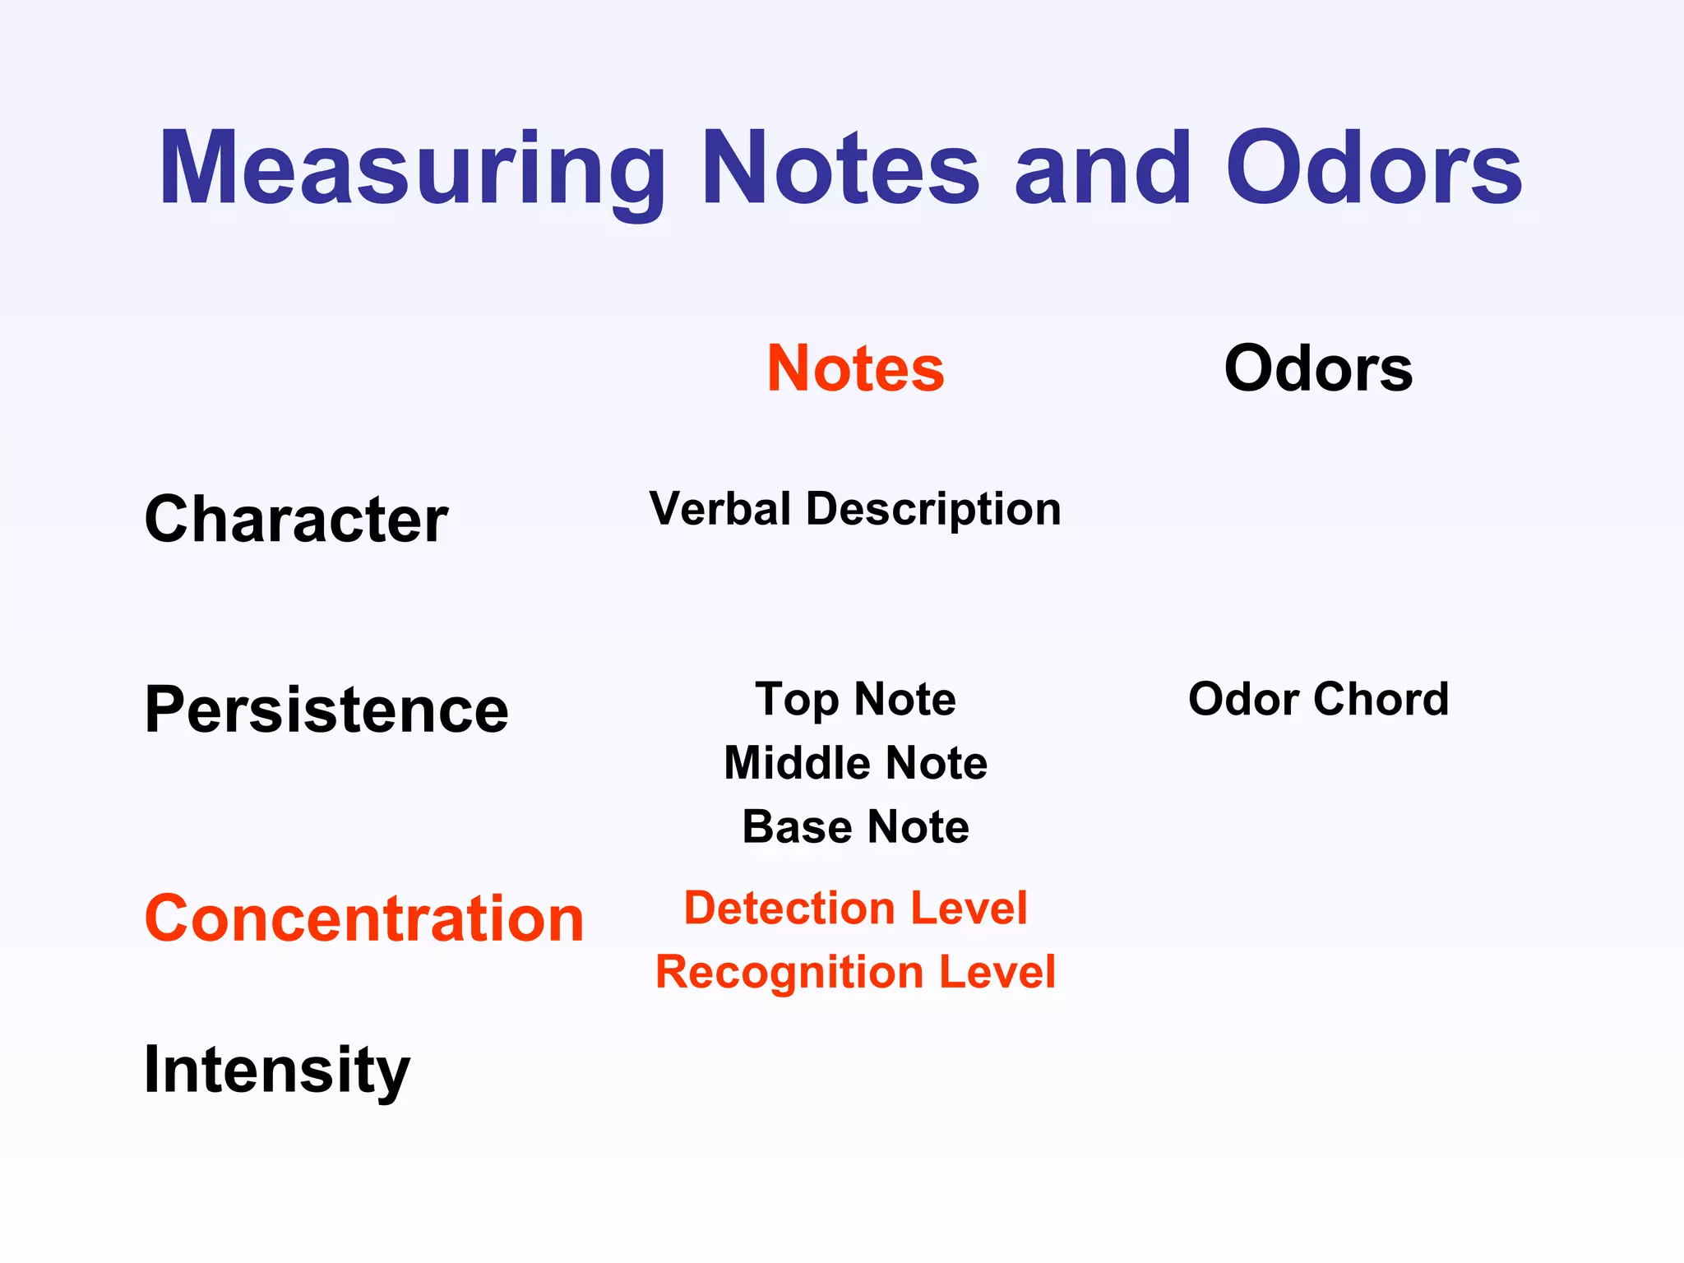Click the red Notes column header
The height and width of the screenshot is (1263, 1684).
(855, 368)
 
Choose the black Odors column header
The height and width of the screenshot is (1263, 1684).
(1318, 368)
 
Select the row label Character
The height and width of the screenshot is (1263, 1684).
(296, 520)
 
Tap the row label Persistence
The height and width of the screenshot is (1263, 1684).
(326, 710)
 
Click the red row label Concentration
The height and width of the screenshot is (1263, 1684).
(363, 918)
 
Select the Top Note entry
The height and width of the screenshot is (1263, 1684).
(855, 700)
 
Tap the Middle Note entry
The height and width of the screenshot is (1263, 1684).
(855, 763)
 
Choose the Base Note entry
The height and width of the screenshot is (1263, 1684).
(855, 827)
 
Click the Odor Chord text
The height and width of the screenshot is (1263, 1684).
(1318, 700)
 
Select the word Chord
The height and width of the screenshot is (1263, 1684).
(1381, 700)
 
